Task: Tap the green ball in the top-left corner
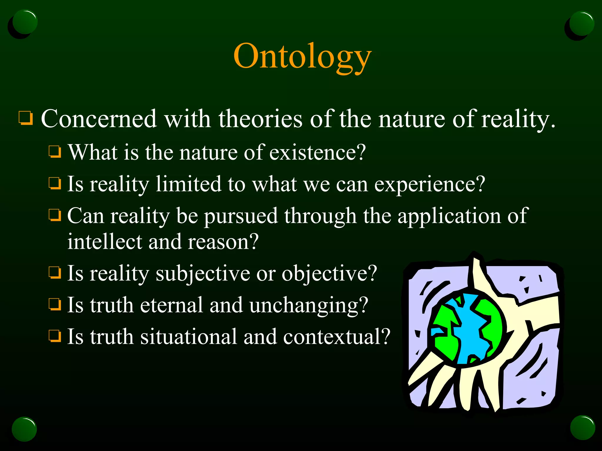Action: point(25,22)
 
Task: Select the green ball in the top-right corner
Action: point(581,23)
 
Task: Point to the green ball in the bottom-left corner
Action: point(24,429)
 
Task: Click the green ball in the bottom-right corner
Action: point(582,428)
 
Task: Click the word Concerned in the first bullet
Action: point(99,119)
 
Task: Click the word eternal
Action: point(172,305)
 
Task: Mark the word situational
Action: point(188,336)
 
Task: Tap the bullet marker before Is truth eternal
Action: point(55,304)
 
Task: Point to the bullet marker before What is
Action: point(55,152)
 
